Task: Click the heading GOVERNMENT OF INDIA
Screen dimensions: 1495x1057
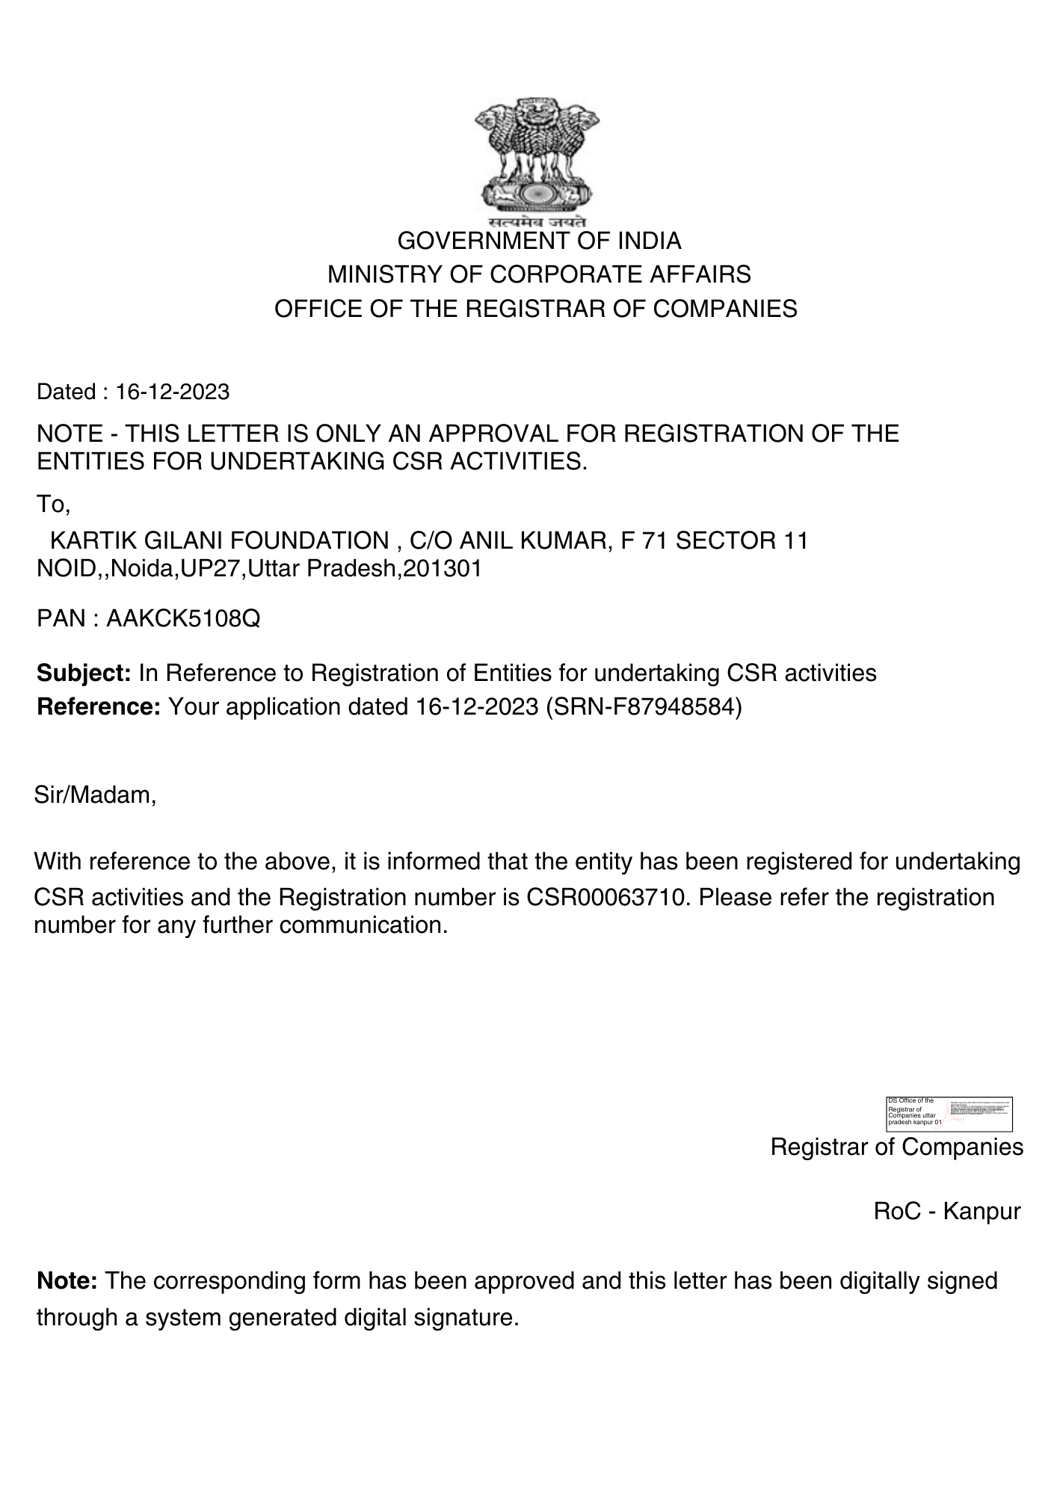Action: click(539, 241)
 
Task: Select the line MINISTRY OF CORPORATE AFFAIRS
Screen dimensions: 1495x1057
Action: click(539, 275)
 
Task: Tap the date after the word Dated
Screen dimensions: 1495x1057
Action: click(172, 392)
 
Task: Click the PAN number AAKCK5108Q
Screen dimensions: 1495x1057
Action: click(183, 619)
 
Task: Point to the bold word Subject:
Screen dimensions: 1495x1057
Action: click(84, 673)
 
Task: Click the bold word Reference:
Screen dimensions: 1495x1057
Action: click(99, 707)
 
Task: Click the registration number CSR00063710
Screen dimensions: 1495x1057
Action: click(611, 897)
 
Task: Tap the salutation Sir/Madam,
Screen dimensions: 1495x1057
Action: click(95, 795)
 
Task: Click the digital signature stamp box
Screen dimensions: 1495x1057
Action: click(949, 1114)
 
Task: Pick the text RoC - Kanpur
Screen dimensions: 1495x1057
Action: click(946, 1212)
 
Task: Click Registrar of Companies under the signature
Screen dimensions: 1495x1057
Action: click(896, 1147)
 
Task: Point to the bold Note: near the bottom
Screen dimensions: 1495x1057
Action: click(67, 1281)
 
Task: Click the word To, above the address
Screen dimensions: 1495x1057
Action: click(53, 505)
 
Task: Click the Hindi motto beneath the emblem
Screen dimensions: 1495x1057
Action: click(537, 223)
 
